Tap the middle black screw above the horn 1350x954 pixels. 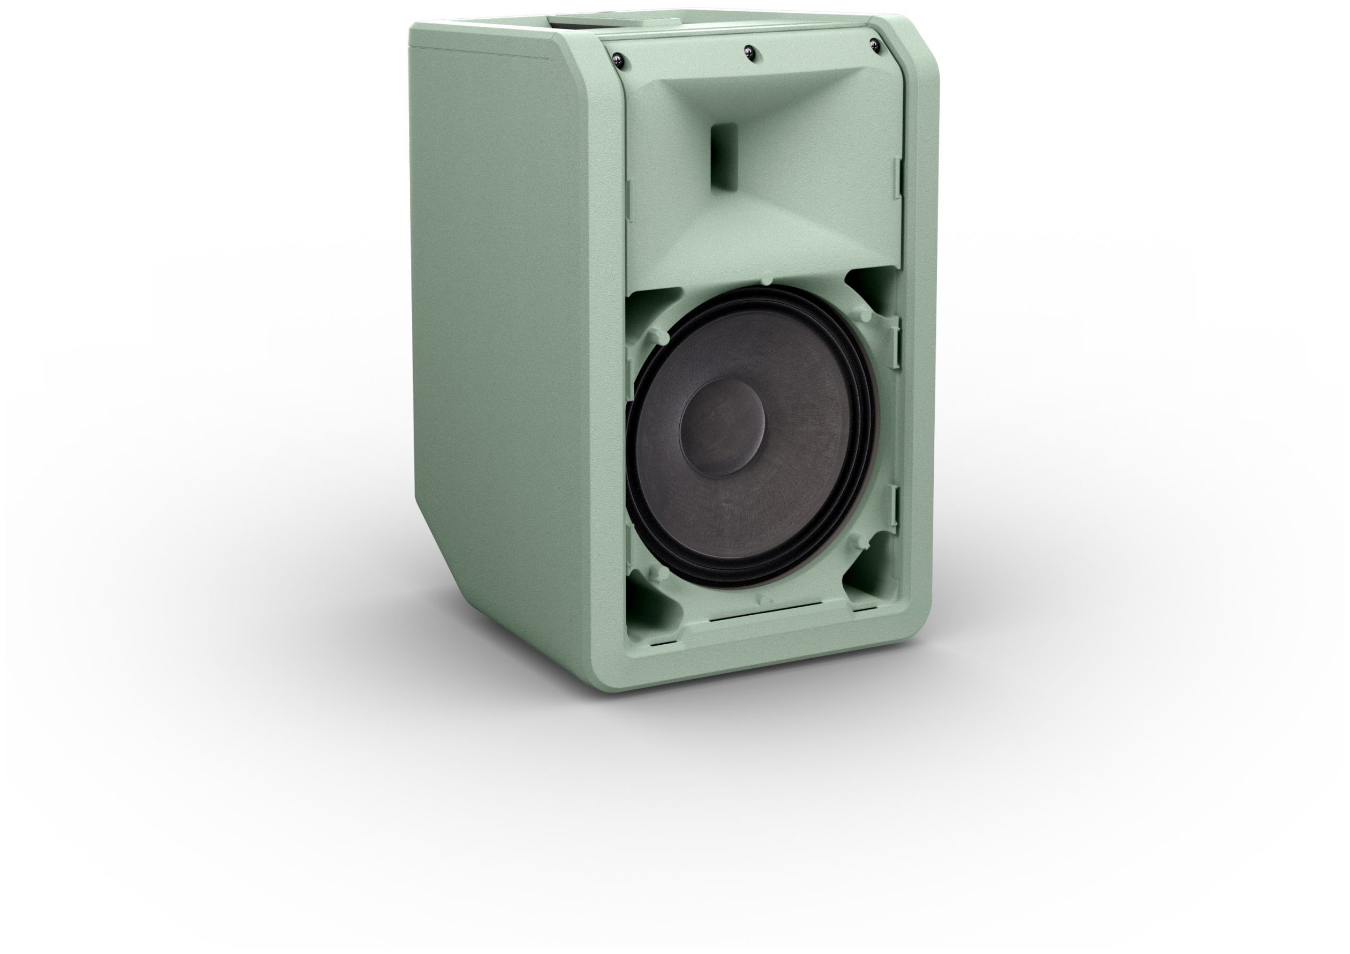[x=748, y=53]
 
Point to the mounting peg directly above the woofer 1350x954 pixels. [x=767, y=279]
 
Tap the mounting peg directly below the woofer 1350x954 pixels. [x=763, y=600]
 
